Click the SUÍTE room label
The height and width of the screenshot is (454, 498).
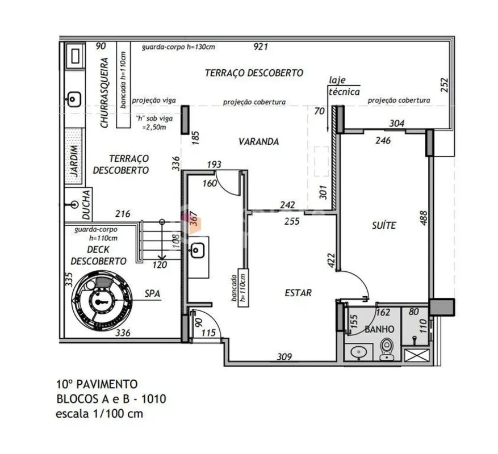click(384, 225)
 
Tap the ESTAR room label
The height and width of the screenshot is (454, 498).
click(298, 293)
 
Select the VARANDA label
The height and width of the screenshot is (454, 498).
click(259, 142)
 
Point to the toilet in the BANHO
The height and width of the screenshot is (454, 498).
click(386, 349)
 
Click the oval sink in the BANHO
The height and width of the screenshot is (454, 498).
click(359, 352)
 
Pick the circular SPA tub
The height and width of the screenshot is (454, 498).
click(102, 300)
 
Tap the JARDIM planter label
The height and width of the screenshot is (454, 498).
click(74, 161)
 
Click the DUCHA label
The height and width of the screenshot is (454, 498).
click(86, 205)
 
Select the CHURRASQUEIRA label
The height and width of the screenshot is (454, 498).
click(104, 93)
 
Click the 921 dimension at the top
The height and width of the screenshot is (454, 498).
click(261, 47)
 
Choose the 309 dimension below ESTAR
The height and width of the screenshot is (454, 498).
click(284, 357)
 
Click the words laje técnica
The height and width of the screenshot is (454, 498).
click(344, 86)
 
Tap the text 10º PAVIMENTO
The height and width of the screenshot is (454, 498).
click(97, 384)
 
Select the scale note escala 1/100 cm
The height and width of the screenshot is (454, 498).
click(99, 414)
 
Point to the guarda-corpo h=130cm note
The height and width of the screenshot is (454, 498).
click(178, 47)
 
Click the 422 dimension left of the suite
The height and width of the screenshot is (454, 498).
click(331, 260)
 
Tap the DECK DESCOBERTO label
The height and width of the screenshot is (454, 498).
click(98, 255)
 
